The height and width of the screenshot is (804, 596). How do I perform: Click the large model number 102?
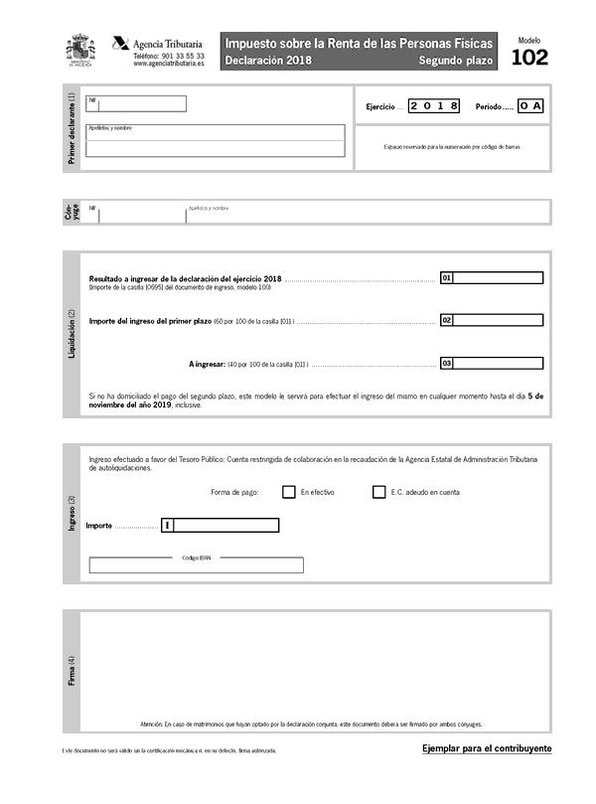click(529, 58)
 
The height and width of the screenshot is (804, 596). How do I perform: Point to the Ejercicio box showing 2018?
click(434, 105)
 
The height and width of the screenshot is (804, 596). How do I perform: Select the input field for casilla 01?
click(498, 278)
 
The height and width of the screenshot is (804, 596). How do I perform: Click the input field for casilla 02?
click(498, 321)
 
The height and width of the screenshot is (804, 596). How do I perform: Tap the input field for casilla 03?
click(498, 364)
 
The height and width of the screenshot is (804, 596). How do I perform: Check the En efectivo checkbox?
click(289, 492)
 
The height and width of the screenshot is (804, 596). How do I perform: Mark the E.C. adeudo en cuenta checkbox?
click(378, 492)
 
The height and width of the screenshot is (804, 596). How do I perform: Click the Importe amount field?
click(225, 525)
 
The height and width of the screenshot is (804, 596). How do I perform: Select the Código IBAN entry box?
click(196, 565)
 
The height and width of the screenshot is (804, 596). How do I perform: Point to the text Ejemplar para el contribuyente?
click(487, 748)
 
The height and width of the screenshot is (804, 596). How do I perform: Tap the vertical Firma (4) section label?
click(71, 673)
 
